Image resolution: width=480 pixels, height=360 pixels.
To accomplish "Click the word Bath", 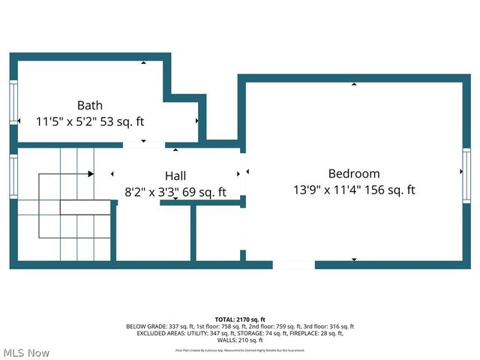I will [x=89, y=105].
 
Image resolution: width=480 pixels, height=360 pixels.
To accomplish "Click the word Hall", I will [x=175, y=175].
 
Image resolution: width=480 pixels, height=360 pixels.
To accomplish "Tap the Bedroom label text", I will [x=354, y=173].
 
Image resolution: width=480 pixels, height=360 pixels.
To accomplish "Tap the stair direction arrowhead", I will [x=90, y=174].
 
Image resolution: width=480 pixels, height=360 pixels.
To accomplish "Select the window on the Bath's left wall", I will [x=13, y=102].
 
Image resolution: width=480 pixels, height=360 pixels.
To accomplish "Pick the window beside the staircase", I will [x=13, y=176].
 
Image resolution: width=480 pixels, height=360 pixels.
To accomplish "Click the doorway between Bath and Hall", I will [x=143, y=144].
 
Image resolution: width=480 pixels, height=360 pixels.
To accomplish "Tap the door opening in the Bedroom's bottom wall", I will [x=293, y=264].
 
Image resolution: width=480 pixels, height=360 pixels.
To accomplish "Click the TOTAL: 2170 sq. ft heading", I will [x=240, y=319].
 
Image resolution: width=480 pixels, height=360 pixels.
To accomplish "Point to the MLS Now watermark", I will [x=26, y=352].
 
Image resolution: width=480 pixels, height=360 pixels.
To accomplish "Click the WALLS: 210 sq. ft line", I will [x=240, y=340].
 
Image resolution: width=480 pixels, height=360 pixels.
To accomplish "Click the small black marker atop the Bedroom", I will [x=353, y=85].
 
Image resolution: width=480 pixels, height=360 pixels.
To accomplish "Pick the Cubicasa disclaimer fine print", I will [x=240, y=349].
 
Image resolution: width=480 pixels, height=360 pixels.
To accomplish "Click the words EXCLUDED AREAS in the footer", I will [x=158, y=334].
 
